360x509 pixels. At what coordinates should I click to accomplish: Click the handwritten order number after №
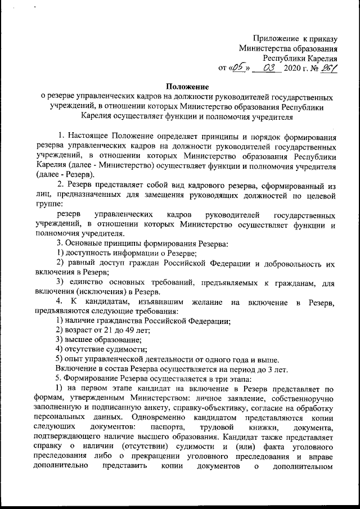click(x=327, y=69)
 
